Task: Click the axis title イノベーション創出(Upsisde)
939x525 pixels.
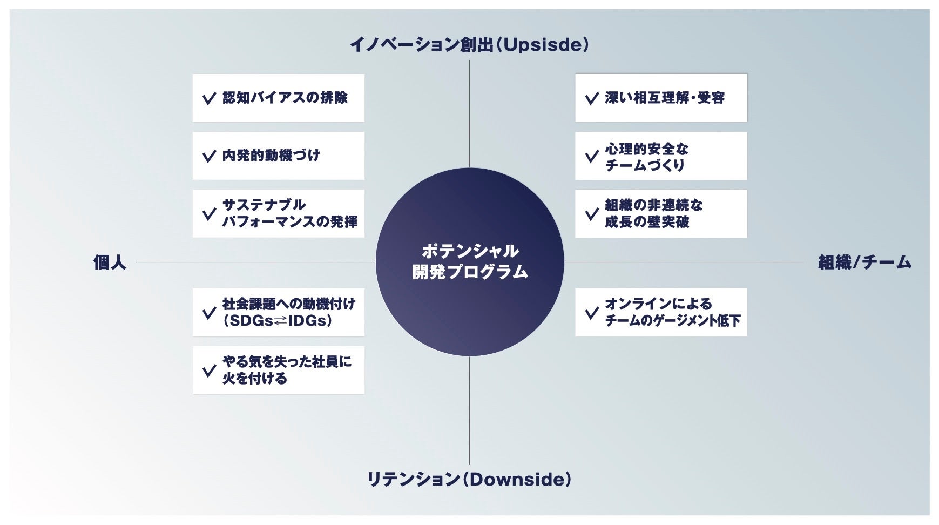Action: click(x=469, y=44)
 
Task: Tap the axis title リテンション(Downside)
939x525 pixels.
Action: click(x=469, y=479)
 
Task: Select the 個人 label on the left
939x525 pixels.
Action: click(x=110, y=262)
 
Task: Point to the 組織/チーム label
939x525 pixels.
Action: click(x=864, y=262)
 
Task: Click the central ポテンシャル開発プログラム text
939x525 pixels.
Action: click(x=470, y=262)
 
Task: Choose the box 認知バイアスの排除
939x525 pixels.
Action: click(x=278, y=98)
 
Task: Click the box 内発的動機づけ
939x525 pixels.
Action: click(x=278, y=156)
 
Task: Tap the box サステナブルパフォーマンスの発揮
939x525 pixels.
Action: click(x=278, y=213)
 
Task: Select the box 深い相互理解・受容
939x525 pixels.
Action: click(x=661, y=98)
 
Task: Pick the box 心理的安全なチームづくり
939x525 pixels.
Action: click(x=661, y=156)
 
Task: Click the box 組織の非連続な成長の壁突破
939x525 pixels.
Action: click(x=661, y=213)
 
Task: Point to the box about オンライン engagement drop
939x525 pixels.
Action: click(x=661, y=312)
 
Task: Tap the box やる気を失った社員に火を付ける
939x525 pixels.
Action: click(x=278, y=370)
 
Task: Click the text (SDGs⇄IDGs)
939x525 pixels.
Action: click(x=278, y=321)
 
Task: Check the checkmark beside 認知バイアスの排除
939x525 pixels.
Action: click(x=208, y=99)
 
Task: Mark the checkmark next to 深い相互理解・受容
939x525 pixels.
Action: click(x=591, y=99)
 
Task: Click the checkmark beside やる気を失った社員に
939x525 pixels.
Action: click(x=208, y=371)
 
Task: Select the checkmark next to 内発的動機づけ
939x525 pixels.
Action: click(x=208, y=157)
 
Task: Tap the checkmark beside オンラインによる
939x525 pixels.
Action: click(x=591, y=313)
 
